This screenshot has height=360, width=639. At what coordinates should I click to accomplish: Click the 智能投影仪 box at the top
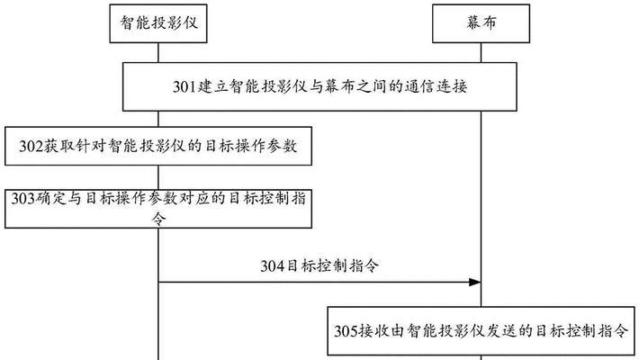pyautogui.click(x=158, y=23)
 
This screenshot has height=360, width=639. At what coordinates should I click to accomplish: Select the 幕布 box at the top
pyautogui.click(x=481, y=23)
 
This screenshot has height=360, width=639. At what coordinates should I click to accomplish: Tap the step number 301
pyautogui.click(x=185, y=86)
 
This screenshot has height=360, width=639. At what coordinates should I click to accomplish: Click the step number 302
pyautogui.click(x=31, y=147)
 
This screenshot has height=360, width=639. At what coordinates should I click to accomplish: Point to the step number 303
pyautogui.click(x=23, y=199)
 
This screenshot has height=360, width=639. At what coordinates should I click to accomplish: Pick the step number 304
pyautogui.click(x=273, y=266)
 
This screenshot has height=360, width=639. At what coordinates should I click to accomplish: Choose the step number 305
pyautogui.click(x=346, y=330)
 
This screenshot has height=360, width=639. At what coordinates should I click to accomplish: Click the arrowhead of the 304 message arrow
pyautogui.click(x=475, y=282)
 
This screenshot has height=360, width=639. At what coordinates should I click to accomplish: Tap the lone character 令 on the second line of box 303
pyautogui.click(x=158, y=218)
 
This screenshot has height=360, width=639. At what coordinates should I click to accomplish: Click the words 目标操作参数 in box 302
pyautogui.click(x=251, y=147)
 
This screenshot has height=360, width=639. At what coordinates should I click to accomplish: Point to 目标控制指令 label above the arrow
pyautogui.click(x=332, y=266)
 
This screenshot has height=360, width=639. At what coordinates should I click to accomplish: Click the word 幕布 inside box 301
pyautogui.click(x=340, y=86)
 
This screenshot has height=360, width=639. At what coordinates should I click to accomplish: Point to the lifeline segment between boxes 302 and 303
pyautogui.click(x=158, y=177)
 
